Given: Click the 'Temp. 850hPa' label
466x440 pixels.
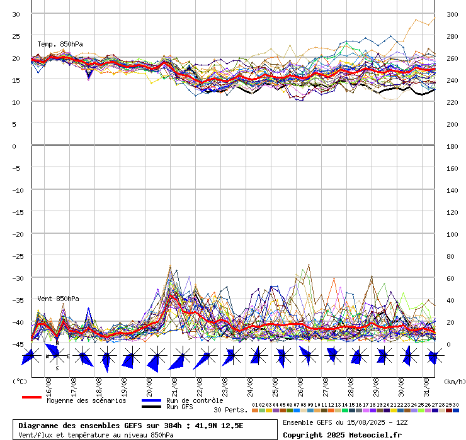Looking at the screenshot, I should tap(60, 44).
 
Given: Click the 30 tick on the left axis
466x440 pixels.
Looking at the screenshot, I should tap(16, 14).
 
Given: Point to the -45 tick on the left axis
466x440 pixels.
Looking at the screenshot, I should tap(18, 344).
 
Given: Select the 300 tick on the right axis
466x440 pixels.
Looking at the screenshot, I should tap(452, 14).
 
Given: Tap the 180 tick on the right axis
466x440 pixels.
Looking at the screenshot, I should tap(452, 146).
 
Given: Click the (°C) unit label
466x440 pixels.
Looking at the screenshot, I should tap(20, 381).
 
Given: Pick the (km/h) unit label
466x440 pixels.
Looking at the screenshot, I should tap(453, 381).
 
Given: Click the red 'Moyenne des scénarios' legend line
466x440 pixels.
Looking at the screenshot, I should tap(31, 397).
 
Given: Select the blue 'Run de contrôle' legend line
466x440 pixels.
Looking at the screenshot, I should tap(151, 400).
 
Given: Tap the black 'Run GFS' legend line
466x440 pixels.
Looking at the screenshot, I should tap(151, 407).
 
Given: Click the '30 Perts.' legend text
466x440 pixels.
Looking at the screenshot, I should tap(230, 410).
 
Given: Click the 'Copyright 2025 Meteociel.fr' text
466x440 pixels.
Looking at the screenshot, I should tap(342, 434).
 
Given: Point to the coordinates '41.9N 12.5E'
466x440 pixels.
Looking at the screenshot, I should tap(218, 426).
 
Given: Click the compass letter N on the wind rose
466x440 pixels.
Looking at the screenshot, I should tap(57, 343).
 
